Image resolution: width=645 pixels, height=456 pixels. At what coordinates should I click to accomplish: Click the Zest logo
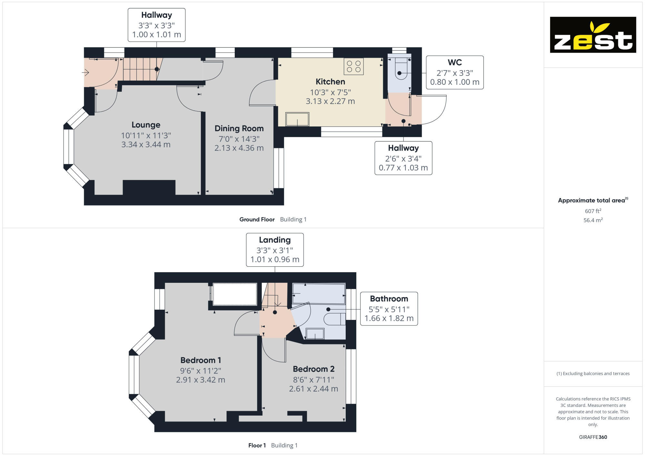[x=593, y=35]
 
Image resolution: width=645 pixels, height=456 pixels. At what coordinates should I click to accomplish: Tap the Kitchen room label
[x=330, y=82]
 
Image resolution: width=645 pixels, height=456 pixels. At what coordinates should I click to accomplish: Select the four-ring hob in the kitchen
[x=353, y=66]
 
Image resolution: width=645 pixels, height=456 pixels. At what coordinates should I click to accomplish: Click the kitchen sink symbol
[x=297, y=119]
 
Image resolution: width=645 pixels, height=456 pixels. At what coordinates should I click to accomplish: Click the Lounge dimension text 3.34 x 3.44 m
[x=146, y=144]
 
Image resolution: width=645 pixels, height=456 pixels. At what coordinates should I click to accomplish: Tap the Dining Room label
[x=239, y=128]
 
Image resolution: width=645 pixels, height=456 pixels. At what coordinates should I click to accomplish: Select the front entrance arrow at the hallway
[x=86, y=73]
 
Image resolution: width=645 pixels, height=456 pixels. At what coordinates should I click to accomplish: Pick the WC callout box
[x=455, y=73]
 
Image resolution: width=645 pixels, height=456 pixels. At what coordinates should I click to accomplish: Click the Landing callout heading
[x=275, y=240]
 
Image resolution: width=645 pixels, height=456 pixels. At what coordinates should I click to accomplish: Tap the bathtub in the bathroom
[x=319, y=293]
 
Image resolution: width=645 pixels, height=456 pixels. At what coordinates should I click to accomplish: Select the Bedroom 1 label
[x=201, y=360]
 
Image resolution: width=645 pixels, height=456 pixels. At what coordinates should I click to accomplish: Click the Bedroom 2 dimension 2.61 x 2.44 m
[x=313, y=389]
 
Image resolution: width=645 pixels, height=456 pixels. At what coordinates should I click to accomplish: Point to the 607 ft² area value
[x=593, y=211]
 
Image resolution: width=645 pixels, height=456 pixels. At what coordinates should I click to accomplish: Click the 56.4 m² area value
[x=593, y=220]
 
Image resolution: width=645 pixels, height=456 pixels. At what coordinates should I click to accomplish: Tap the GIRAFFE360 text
[x=593, y=437]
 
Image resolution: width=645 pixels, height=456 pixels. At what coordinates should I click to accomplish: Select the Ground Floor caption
[x=257, y=219]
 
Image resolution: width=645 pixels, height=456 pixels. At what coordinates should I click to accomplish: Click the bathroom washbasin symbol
[x=315, y=334]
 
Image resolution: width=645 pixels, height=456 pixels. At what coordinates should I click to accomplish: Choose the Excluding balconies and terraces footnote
[x=593, y=373]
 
